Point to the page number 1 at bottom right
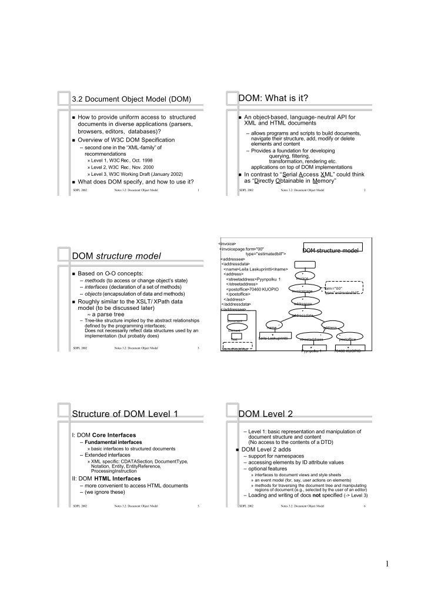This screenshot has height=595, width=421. (x=387, y=565)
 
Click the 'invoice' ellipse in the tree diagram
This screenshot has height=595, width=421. (x=302, y=278)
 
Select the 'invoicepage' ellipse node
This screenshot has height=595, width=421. (x=302, y=290)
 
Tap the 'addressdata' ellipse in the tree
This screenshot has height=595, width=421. (x=302, y=316)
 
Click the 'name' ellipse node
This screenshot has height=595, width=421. (x=272, y=327)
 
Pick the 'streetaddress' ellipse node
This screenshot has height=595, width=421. (x=311, y=339)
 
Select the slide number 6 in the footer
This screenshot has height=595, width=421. (x=365, y=506)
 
